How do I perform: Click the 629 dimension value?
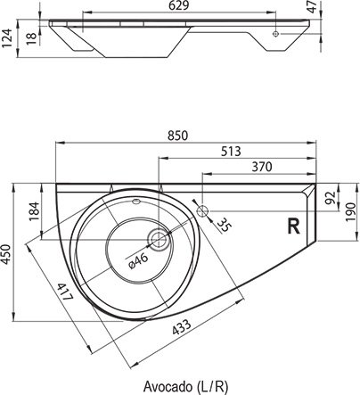point(178,5)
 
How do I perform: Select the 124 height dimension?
point(6,38)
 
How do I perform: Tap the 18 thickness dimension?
point(32,38)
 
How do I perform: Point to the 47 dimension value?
point(312,7)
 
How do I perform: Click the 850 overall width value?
point(178,136)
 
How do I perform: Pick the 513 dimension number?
point(231,152)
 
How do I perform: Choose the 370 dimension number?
point(262,167)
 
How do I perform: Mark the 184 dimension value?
point(35,211)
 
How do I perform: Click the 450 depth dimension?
point(6,254)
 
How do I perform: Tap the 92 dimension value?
point(331,198)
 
